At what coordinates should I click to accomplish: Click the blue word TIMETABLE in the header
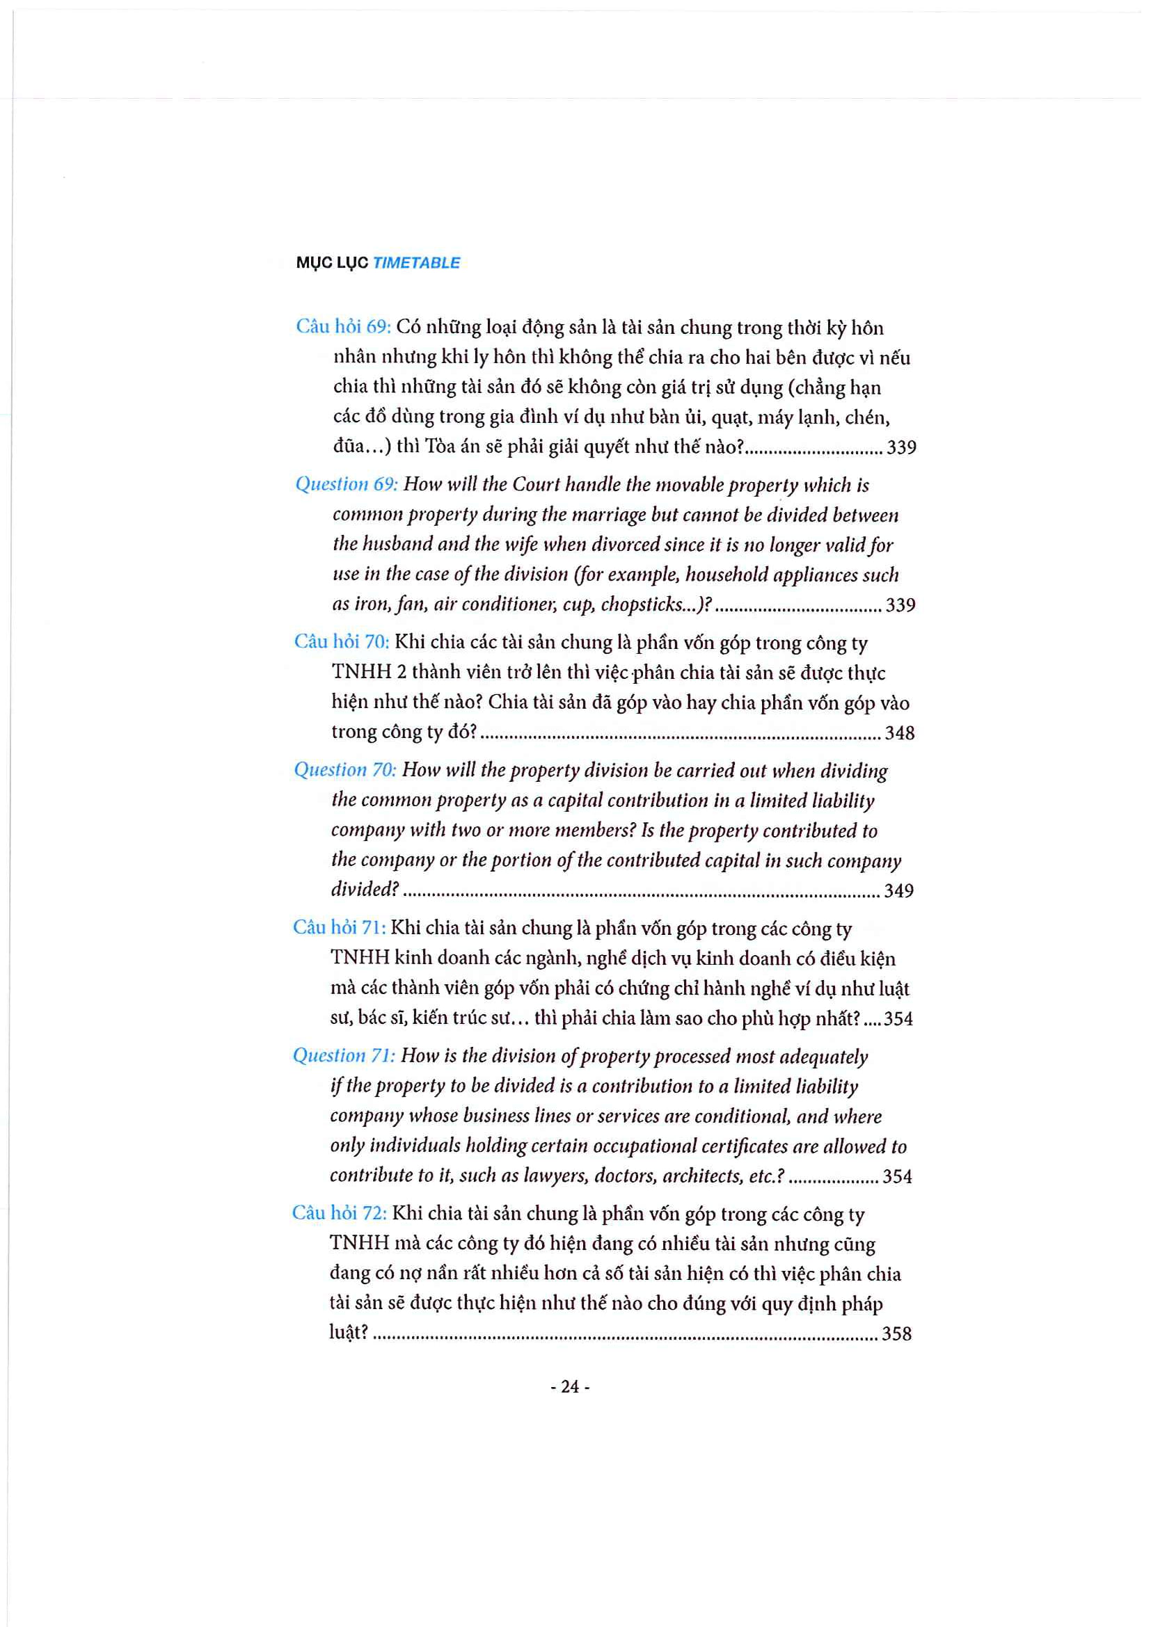(416, 263)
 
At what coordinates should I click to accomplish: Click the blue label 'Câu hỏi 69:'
(342, 327)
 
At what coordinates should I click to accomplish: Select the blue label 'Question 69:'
(346, 484)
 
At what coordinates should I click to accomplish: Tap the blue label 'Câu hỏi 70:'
(341, 642)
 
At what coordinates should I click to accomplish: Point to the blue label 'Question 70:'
(344, 770)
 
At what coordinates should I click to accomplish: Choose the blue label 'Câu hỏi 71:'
(339, 928)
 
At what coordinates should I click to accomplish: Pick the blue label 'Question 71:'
(344, 1056)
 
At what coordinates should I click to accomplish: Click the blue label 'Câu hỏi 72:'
(339, 1213)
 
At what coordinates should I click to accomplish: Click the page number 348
(899, 732)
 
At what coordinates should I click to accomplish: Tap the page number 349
(898, 891)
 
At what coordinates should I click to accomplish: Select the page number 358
(896, 1334)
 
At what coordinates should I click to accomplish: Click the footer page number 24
(570, 1387)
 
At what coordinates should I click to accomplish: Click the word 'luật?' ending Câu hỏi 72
(349, 1333)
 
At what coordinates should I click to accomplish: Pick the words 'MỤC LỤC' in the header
(332, 263)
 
